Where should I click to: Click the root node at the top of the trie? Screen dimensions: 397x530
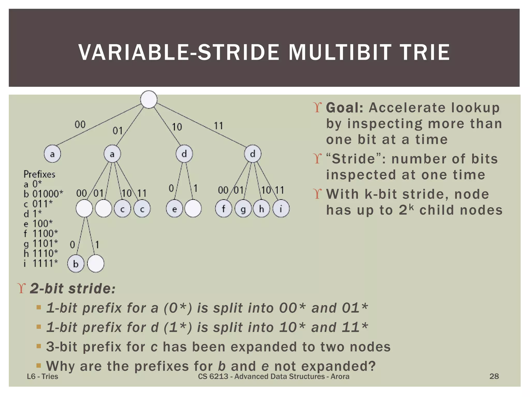[149, 99]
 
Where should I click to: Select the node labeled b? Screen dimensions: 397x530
[76, 264]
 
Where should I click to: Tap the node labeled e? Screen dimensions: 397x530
[174, 209]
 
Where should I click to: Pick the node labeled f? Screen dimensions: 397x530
[224, 209]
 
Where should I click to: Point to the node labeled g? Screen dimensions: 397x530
[243, 209]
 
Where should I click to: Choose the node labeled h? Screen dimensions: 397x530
[262, 209]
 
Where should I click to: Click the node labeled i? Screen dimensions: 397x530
[281, 209]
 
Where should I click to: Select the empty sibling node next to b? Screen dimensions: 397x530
[96, 264]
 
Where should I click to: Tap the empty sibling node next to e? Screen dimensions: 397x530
[193, 209]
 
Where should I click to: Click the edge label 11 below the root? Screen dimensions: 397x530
[218, 126]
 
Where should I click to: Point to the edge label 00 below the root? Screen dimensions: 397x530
[80, 125]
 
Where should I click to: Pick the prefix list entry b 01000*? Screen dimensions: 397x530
[43, 194]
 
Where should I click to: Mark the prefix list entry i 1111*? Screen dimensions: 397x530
[41, 263]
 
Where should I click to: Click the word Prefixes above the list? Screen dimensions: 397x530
[39, 174]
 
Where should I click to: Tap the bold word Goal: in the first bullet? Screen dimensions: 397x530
[345, 108]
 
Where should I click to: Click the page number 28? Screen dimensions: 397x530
[494, 376]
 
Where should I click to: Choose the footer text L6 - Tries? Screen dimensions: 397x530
[42, 376]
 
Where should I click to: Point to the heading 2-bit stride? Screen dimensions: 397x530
[72, 288]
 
